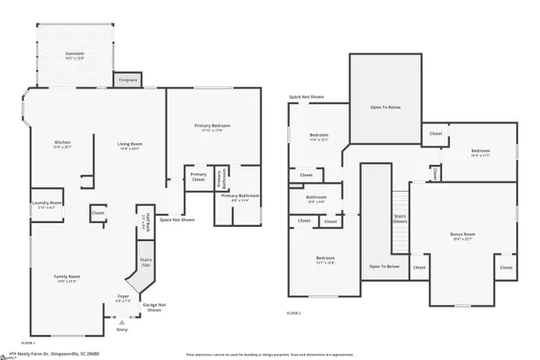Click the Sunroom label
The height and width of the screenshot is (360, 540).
[75, 55]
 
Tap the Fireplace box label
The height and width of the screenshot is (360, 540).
[128, 79]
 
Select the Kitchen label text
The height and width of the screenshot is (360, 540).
[62, 143]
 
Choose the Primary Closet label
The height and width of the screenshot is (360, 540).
[198, 176]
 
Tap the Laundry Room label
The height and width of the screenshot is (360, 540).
[49, 203]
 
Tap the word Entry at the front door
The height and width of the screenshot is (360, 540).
[122, 329]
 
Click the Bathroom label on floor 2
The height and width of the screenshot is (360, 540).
[316, 197]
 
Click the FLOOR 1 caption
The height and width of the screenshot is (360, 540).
[28, 343]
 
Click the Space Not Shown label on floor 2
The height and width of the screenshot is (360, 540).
[306, 96]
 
